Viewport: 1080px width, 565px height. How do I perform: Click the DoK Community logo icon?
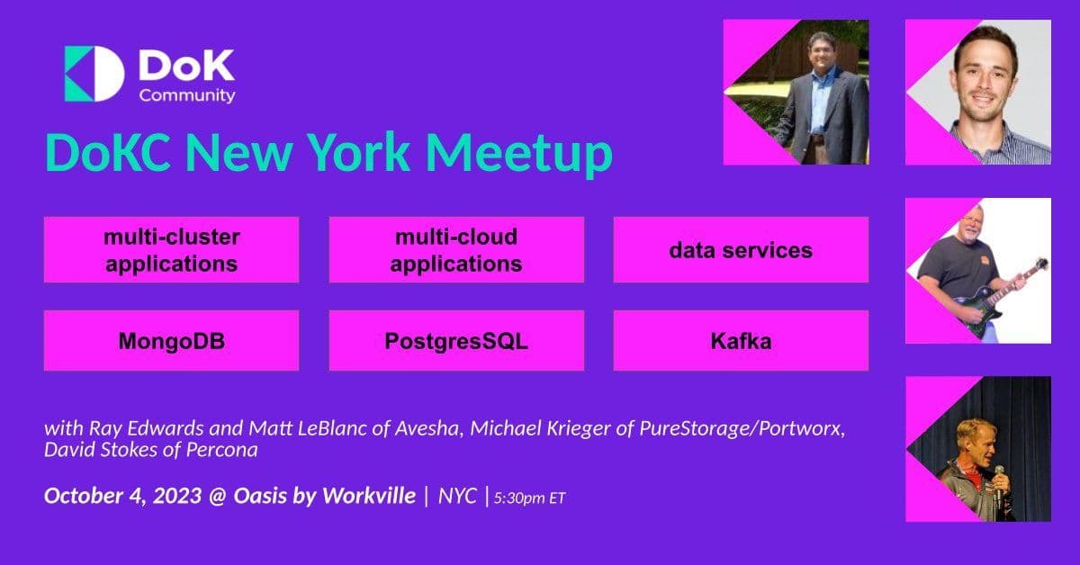point(94,73)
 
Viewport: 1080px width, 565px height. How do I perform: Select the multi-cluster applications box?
point(171,250)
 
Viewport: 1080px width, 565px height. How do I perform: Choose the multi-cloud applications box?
point(456,250)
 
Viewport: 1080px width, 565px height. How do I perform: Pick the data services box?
point(741,250)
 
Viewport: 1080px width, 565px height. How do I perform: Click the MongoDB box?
point(171,341)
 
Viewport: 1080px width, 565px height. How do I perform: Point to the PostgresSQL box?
point(456,341)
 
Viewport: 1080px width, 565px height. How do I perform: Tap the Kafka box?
point(741,341)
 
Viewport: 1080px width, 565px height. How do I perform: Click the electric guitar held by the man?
point(990,292)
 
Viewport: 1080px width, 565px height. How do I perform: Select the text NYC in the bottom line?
point(457,496)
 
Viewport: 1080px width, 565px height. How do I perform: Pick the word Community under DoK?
point(187,94)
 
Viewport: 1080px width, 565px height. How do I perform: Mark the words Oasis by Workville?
point(326,496)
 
